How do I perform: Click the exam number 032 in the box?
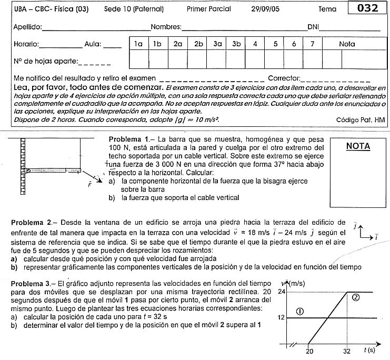tap(367, 8)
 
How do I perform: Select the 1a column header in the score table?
tap(138, 44)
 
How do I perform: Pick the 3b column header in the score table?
tap(236, 44)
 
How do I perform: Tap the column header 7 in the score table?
tap(312, 44)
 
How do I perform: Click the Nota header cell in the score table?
tap(347, 44)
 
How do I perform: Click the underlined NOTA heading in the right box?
tap(358, 146)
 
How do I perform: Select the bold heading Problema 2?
tap(29, 223)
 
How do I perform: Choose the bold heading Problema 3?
tap(29, 283)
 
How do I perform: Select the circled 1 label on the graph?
tap(299, 311)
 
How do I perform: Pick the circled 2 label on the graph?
tap(356, 297)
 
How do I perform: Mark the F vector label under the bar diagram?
tap(89, 185)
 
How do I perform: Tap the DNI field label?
tap(314, 27)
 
